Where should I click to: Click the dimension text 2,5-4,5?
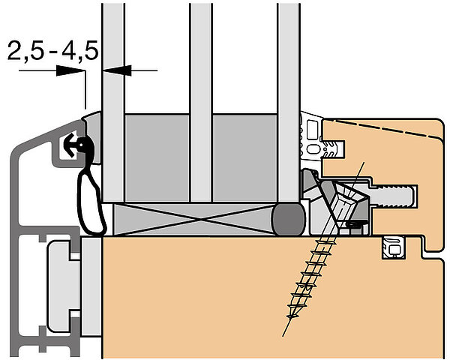click(x=52, y=50)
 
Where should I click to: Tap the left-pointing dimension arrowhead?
click(x=117, y=70)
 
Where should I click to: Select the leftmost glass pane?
click(x=113, y=102)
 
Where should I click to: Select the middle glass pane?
click(x=201, y=102)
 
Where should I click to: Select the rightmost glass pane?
click(x=289, y=102)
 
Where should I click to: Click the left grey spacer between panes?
click(x=157, y=158)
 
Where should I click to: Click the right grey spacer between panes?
click(x=244, y=158)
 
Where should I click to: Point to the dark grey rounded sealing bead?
click(x=289, y=218)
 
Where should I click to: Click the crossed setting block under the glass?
click(x=193, y=219)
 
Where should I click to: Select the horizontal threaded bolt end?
click(x=394, y=196)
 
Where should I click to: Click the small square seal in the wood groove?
click(x=393, y=248)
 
